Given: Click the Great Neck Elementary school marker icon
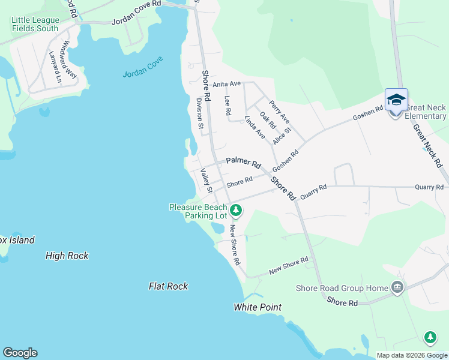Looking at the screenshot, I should click(396, 100).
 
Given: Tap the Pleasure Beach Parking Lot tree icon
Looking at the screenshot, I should click(237, 210).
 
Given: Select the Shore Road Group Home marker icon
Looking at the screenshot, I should click(396, 288).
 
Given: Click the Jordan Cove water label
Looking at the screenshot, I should click(143, 74).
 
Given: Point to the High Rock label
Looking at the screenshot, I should click(67, 256).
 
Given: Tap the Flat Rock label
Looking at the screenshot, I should click(169, 286).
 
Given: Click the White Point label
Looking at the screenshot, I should click(258, 307).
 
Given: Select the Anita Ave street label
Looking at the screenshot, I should click(226, 84).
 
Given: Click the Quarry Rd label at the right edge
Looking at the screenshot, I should click(429, 187).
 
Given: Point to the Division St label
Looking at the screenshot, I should click(200, 113).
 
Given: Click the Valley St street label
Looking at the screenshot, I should click(206, 180).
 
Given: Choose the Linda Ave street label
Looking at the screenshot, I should click(255, 128).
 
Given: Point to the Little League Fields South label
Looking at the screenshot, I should click(35, 24).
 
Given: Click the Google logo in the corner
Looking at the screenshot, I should click(20, 353).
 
